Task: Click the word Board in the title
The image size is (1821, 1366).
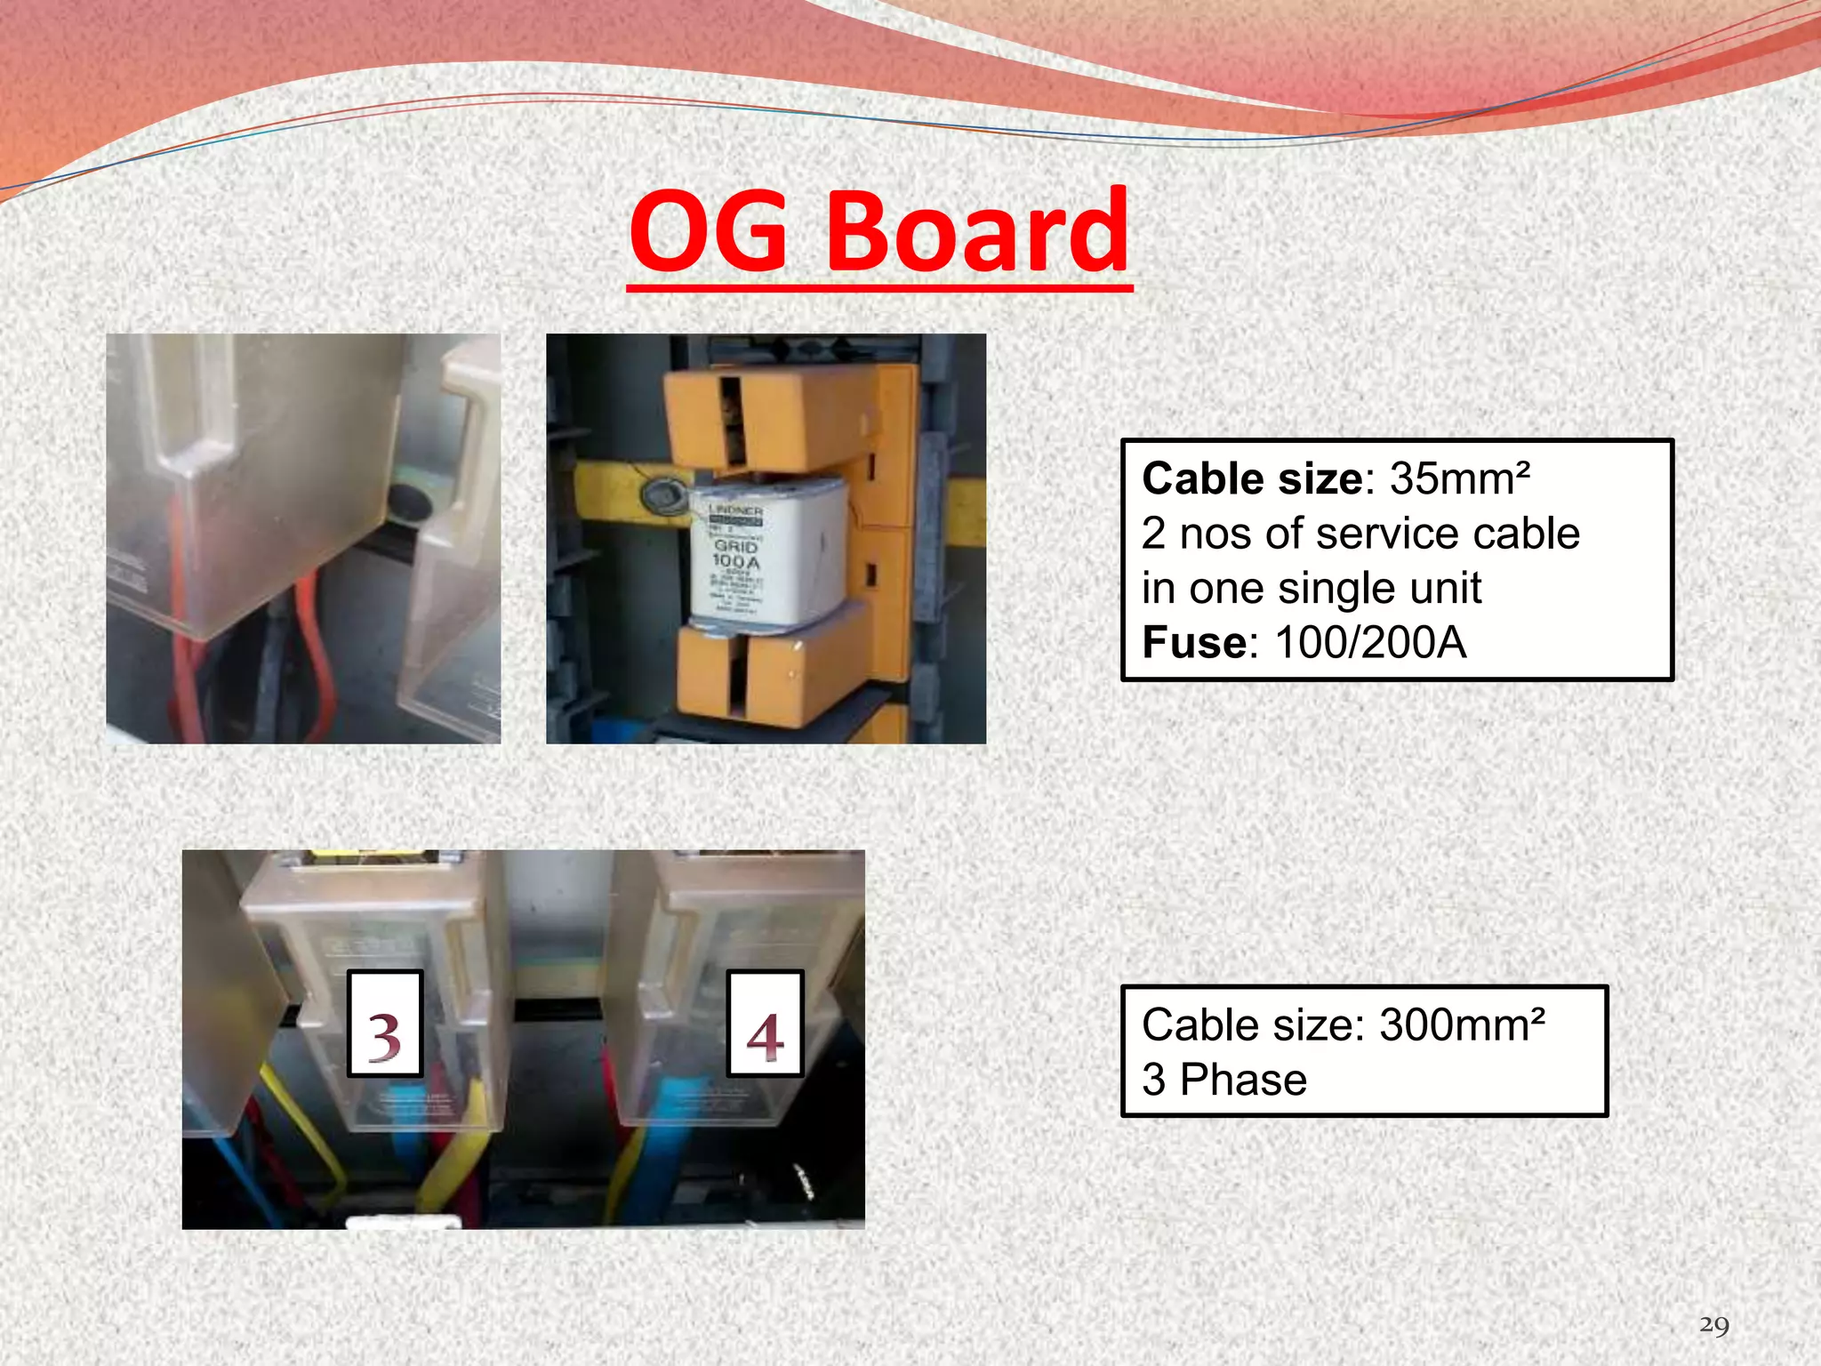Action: [x=978, y=232]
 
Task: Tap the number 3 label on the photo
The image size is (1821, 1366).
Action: [x=384, y=1024]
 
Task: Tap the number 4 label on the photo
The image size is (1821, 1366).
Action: [x=765, y=1024]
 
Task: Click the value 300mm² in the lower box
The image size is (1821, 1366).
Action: [x=1462, y=1025]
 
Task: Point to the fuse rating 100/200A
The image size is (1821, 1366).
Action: [x=1370, y=643]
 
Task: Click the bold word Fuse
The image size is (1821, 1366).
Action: [x=1194, y=643]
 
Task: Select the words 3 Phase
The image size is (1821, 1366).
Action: [x=1224, y=1081]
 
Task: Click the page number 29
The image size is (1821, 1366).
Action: [x=1713, y=1326]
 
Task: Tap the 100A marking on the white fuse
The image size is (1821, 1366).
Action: [x=736, y=562]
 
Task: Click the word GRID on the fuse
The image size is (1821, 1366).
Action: [x=735, y=546]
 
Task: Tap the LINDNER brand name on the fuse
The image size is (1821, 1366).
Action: [x=735, y=511]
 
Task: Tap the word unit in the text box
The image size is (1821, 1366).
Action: [x=1446, y=589]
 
